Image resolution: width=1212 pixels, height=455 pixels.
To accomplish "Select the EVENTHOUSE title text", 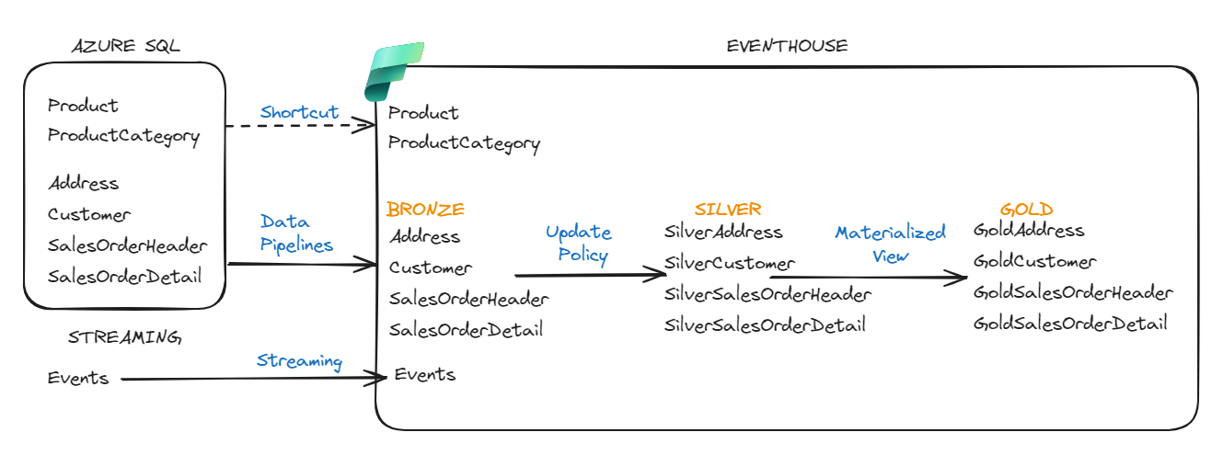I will pyautogui.click(x=787, y=46).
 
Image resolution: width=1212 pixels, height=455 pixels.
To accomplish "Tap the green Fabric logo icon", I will pyautogui.click(x=393, y=71).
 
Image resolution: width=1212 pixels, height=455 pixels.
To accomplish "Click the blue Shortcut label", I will pyautogui.click(x=299, y=112).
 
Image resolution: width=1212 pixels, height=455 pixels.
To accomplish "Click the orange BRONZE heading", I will pyautogui.click(x=425, y=209).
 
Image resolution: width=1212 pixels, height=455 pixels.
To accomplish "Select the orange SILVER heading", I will pyautogui.click(x=728, y=209).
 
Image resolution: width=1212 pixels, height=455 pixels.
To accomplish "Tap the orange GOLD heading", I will pyautogui.click(x=1026, y=209).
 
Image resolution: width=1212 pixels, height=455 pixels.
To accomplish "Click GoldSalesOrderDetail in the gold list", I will pyautogui.click(x=1070, y=323).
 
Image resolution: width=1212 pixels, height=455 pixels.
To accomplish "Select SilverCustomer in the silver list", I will pyautogui.click(x=729, y=263).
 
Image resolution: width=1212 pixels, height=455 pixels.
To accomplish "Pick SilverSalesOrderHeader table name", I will pyautogui.click(x=768, y=294).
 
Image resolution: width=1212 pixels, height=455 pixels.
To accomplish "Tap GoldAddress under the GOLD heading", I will pyautogui.click(x=1029, y=230).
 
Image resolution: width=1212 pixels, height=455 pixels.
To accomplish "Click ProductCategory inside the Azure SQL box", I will pyautogui.click(x=123, y=136).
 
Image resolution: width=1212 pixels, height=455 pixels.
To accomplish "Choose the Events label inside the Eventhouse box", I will pyautogui.click(x=424, y=374).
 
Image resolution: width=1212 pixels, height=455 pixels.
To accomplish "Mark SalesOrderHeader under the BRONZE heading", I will pyautogui.click(x=468, y=299).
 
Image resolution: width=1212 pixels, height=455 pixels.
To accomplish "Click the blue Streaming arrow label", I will pyautogui.click(x=299, y=361).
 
